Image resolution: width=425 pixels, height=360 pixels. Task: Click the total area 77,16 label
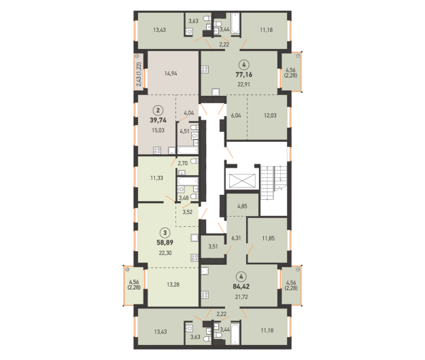coord(244,75)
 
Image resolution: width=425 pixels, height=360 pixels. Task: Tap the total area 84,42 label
coord(241,287)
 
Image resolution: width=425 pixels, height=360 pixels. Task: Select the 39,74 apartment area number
coord(158,120)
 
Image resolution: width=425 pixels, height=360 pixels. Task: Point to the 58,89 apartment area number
coord(165,242)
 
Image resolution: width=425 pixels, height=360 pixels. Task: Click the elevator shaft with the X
coord(242,181)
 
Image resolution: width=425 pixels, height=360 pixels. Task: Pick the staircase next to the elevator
coord(273,183)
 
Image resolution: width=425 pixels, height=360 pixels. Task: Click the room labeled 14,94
coord(171,73)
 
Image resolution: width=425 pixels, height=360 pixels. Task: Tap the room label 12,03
coord(270,115)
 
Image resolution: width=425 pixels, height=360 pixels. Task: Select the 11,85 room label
coord(269,238)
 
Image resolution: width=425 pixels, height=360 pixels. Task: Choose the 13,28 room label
coord(173,285)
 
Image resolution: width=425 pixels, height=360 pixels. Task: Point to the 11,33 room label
coord(156,178)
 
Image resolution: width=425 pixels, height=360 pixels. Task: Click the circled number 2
coord(158,110)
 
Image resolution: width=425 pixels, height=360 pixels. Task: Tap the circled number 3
coord(165,232)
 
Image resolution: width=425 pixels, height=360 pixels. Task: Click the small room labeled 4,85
coord(242,205)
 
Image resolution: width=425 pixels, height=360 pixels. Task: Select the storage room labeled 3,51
coord(213,246)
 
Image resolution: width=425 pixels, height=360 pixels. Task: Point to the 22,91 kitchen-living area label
coord(243,84)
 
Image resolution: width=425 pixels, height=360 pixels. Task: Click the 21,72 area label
coord(241,297)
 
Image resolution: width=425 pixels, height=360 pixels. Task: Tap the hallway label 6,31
coord(236,238)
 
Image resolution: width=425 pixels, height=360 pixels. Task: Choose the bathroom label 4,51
coord(184,131)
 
